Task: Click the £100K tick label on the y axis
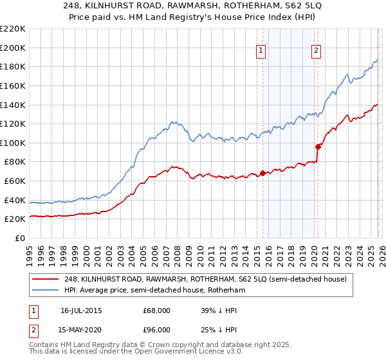pos(13,143)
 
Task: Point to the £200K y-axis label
pos(13,48)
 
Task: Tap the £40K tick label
pos(15,200)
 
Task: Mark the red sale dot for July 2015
pos(262,173)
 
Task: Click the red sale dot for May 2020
pos(318,146)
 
